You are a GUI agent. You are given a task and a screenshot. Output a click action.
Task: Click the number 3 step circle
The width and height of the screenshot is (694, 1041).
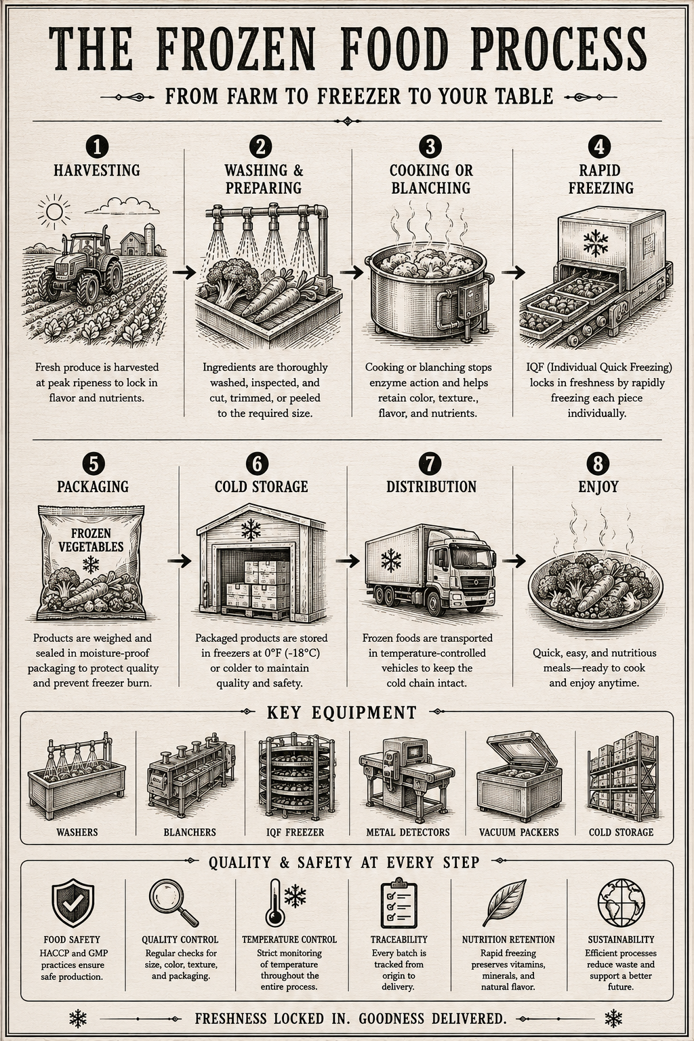[x=430, y=146]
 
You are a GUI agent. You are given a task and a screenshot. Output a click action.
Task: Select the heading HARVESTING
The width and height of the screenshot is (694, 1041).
[x=97, y=170]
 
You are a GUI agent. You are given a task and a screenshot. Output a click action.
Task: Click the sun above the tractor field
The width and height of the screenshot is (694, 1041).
[x=54, y=212]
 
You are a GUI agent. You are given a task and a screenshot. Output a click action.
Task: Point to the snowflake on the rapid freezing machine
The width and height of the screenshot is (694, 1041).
[x=596, y=243]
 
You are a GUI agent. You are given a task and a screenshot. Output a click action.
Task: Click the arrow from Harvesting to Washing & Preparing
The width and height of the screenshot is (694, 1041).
[x=184, y=272]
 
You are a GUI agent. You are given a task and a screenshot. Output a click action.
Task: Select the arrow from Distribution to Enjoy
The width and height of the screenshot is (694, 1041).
[x=514, y=561]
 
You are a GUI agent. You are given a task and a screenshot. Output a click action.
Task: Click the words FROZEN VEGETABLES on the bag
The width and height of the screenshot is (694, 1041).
[x=91, y=539]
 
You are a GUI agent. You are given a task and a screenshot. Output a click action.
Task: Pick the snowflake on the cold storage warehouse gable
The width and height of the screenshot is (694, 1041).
[x=251, y=530]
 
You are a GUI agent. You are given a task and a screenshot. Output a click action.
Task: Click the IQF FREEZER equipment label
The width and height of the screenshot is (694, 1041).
[x=295, y=832]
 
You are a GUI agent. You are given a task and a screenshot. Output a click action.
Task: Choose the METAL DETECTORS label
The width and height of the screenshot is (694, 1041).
[x=408, y=832]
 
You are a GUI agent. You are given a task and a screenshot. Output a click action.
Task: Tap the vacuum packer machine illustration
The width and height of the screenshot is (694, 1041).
[x=516, y=774]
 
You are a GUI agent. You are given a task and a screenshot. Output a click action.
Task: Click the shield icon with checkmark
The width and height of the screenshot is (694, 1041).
[x=73, y=903]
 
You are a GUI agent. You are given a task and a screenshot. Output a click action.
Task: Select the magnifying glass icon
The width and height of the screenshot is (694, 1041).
[x=173, y=903]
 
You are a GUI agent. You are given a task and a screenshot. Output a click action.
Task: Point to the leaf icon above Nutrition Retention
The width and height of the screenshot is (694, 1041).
[x=504, y=903]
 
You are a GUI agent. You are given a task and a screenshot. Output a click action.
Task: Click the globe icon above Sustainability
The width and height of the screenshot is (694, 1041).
[x=621, y=902]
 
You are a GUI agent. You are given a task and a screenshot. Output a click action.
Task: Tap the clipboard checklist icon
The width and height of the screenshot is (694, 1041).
[x=399, y=903]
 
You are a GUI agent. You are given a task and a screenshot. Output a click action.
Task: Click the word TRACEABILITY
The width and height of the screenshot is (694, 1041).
[x=399, y=939]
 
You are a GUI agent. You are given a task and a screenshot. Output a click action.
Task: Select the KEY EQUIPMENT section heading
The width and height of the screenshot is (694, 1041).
[x=342, y=712]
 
